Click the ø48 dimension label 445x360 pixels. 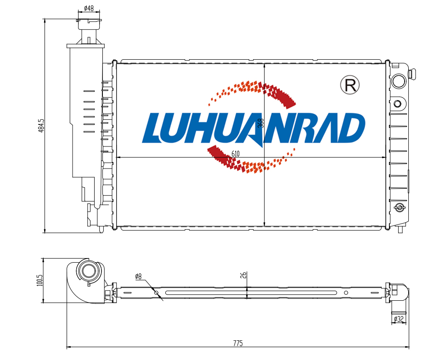89,8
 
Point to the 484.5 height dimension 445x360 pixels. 41,126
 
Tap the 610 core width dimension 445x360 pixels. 236,153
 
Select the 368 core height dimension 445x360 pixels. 261,123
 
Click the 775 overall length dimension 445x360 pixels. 238,343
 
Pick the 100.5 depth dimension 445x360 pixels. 39,280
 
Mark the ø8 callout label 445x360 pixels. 138,276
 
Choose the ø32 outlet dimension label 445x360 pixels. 399,319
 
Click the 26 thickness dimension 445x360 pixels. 243,275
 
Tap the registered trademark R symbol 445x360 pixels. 349,85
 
